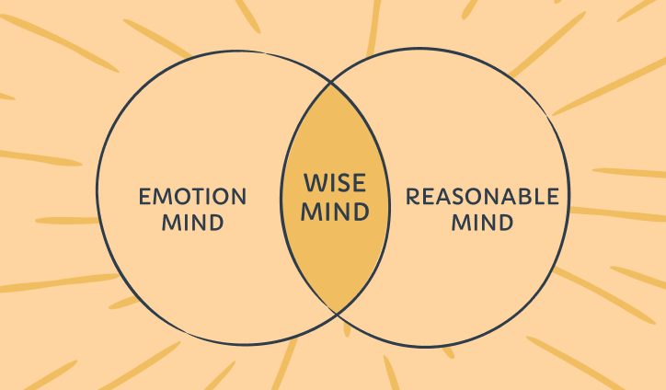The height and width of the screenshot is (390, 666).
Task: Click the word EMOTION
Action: click(x=192, y=197)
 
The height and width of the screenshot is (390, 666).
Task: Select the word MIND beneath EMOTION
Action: click(x=192, y=222)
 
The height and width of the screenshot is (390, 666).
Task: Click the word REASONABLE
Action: click(x=482, y=197)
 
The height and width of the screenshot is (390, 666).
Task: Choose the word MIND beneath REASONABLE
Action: click(x=482, y=222)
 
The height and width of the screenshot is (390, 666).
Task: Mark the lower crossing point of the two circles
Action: click(x=335, y=314)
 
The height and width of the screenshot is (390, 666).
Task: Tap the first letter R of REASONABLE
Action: click(x=413, y=197)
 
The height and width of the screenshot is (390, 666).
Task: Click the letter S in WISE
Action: click(x=343, y=186)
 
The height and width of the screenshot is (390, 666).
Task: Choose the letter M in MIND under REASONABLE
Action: click(x=459, y=222)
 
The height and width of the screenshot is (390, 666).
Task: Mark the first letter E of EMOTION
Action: click(x=144, y=197)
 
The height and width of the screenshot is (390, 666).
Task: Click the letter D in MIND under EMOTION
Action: click(x=217, y=222)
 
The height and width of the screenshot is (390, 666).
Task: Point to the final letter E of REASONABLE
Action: click(x=551, y=197)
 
